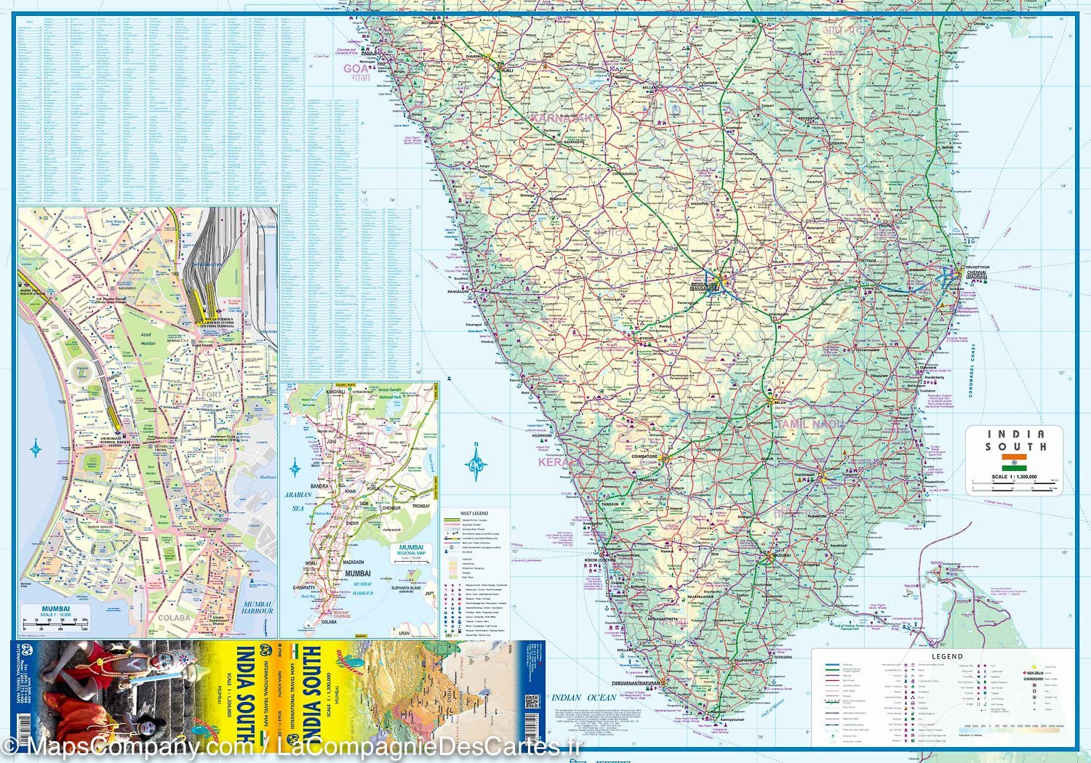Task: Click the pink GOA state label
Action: pos(356,69)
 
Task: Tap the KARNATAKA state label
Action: pos(564,118)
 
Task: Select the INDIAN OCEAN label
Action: pos(584,698)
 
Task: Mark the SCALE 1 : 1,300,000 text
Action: pos(1014,477)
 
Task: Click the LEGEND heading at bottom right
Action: pos(947,656)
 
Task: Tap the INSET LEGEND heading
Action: pos(474,514)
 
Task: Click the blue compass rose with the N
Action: pos(476,461)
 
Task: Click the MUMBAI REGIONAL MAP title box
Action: pos(411,551)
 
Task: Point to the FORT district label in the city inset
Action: pos(212,395)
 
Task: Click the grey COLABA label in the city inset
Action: pos(175,618)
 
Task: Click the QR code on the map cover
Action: pos(531,701)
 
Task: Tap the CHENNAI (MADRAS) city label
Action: pos(976,274)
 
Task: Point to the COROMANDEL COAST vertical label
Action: pos(973,371)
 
